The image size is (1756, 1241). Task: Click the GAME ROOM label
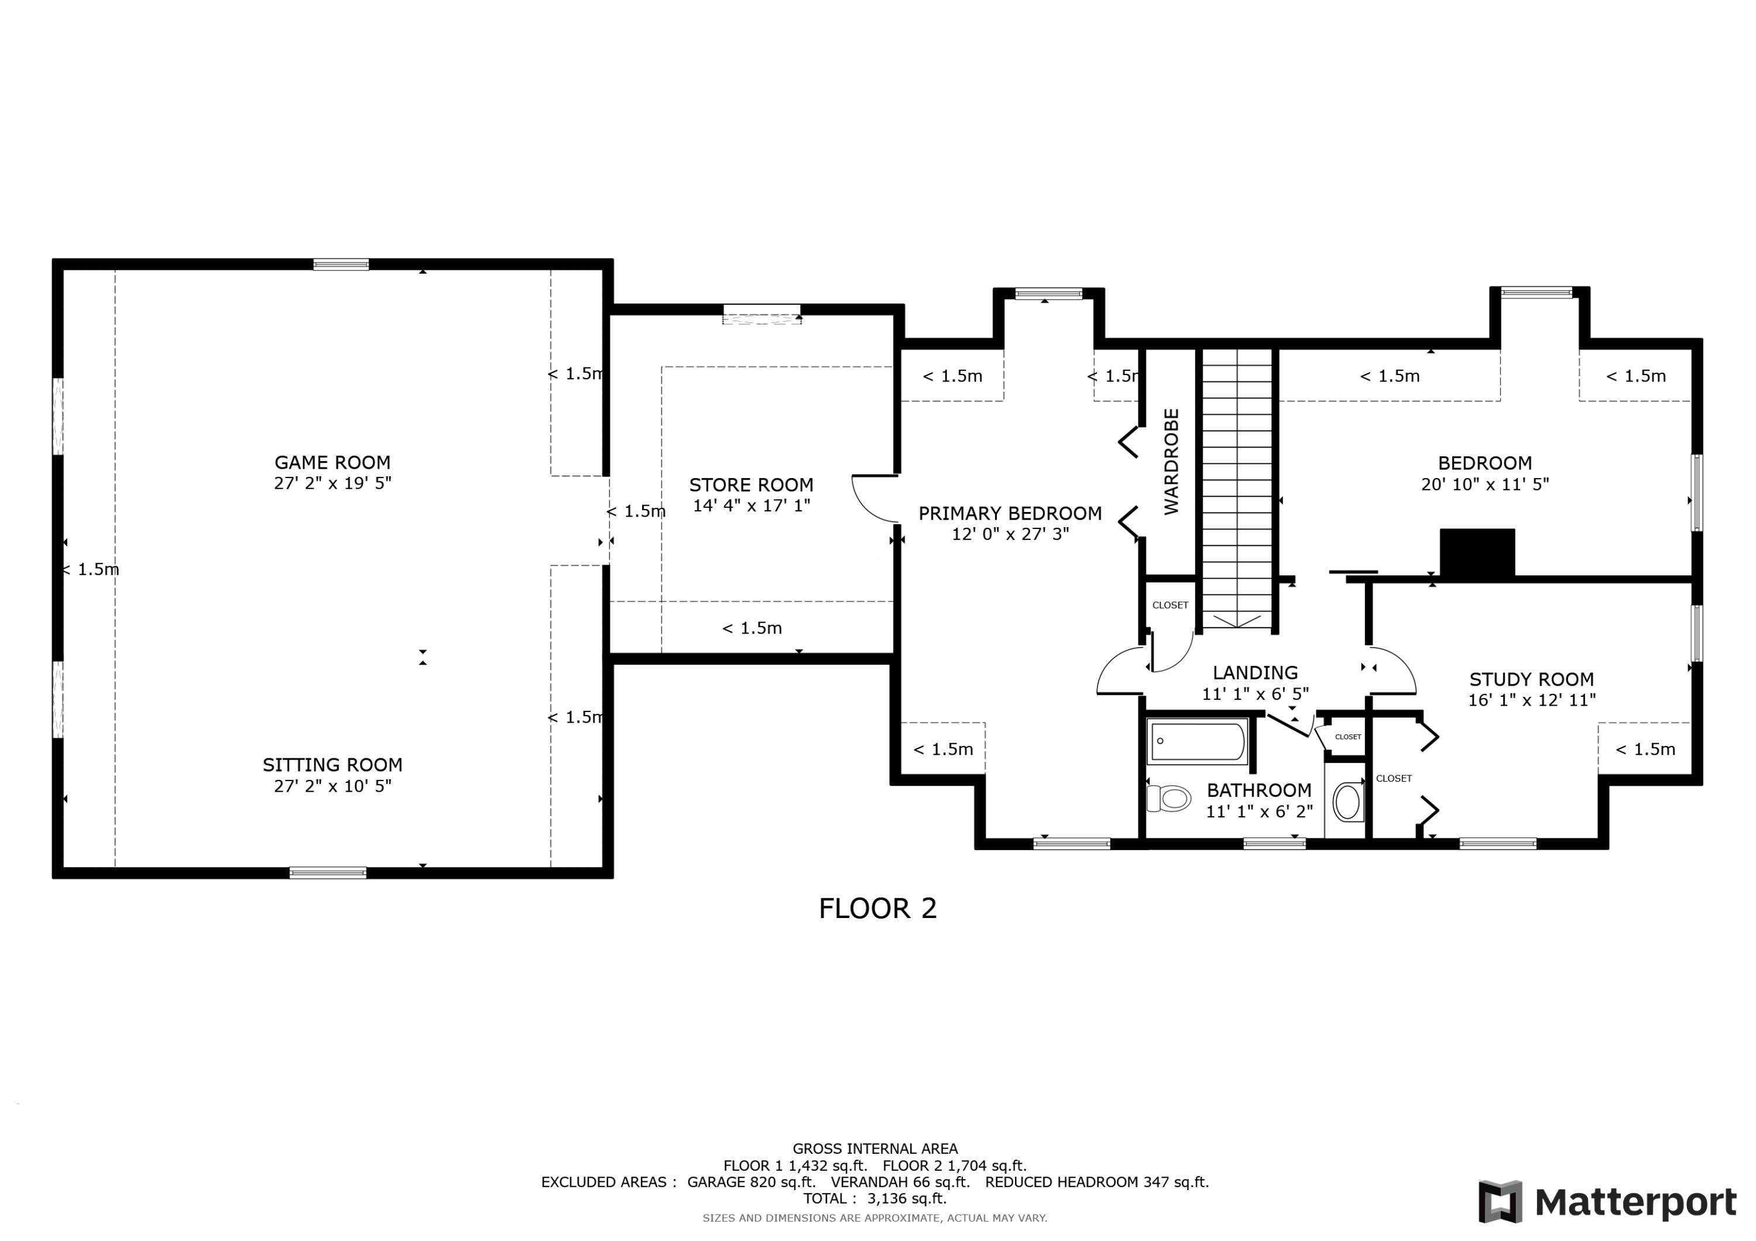(x=332, y=463)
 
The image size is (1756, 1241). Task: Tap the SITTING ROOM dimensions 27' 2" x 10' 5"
(x=332, y=786)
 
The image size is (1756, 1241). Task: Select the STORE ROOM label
(x=750, y=485)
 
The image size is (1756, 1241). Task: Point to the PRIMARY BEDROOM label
(x=1010, y=513)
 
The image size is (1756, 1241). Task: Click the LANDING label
(x=1255, y=673)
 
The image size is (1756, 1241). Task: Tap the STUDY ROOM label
(x=1531, y=679)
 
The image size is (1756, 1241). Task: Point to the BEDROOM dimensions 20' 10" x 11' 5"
(x=1484, y=484)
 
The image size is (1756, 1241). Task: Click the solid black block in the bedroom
(x=1477, y=552)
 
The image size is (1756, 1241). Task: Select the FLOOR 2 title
(x=877, y=909)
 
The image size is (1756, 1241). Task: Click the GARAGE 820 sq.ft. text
(x=751, y=1182)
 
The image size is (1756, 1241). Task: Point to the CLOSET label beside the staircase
(x=1170, y=605)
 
